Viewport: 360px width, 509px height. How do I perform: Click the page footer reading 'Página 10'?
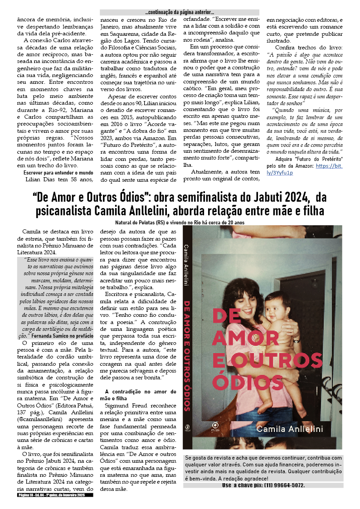27,495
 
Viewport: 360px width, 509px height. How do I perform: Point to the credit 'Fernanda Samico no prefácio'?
63,336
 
